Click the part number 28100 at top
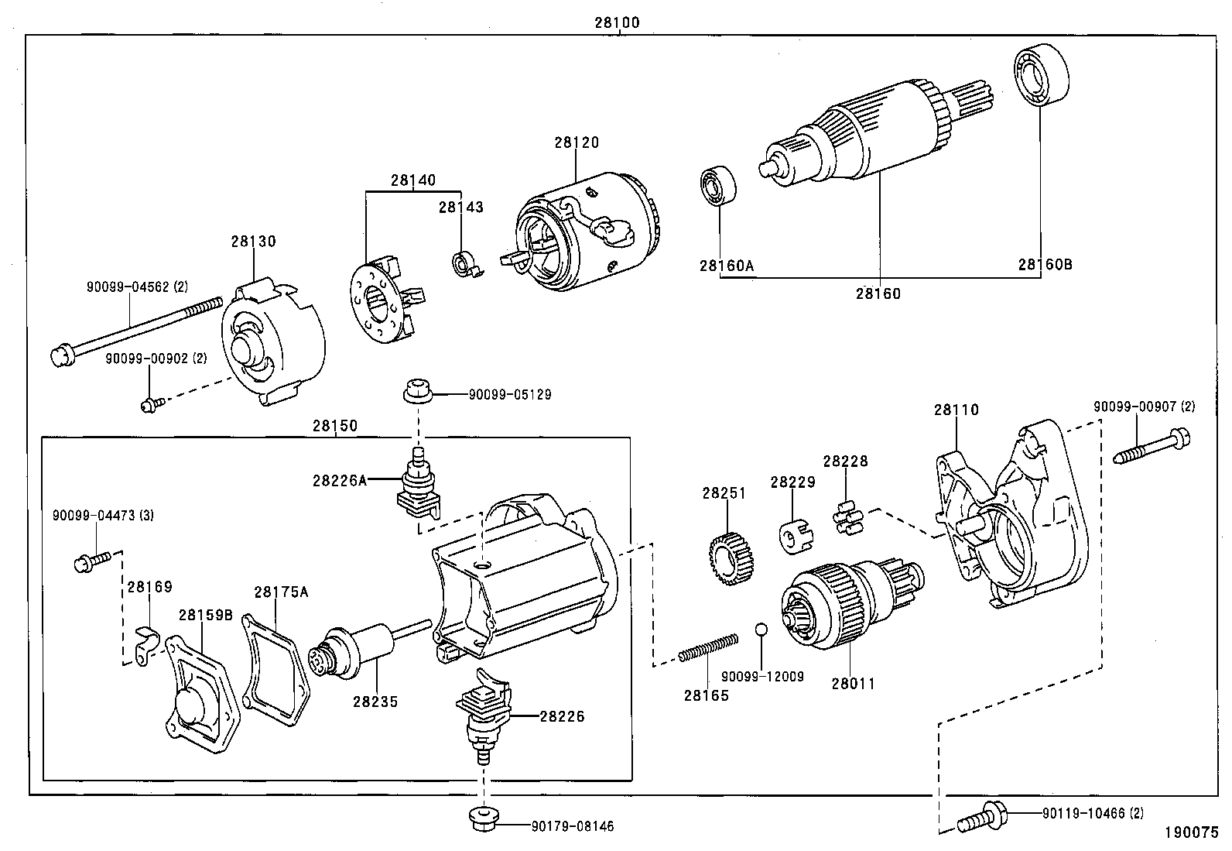(616, 22)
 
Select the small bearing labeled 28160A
(718, 185)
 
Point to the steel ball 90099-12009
(761, 628)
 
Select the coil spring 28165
(708, 647)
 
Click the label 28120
(576, 142)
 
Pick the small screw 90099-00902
(150, 403)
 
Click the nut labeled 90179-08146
(484, 818)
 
